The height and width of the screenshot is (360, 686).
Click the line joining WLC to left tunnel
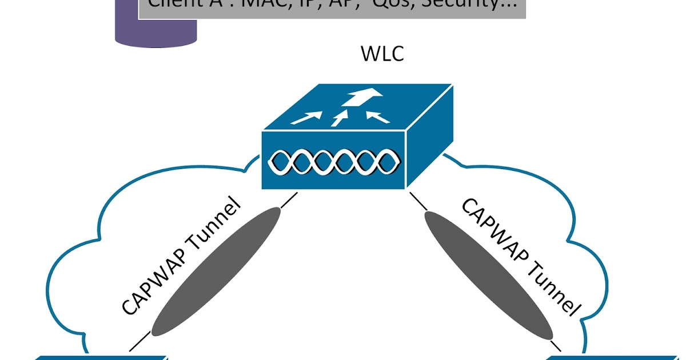[x=289, y=200]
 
